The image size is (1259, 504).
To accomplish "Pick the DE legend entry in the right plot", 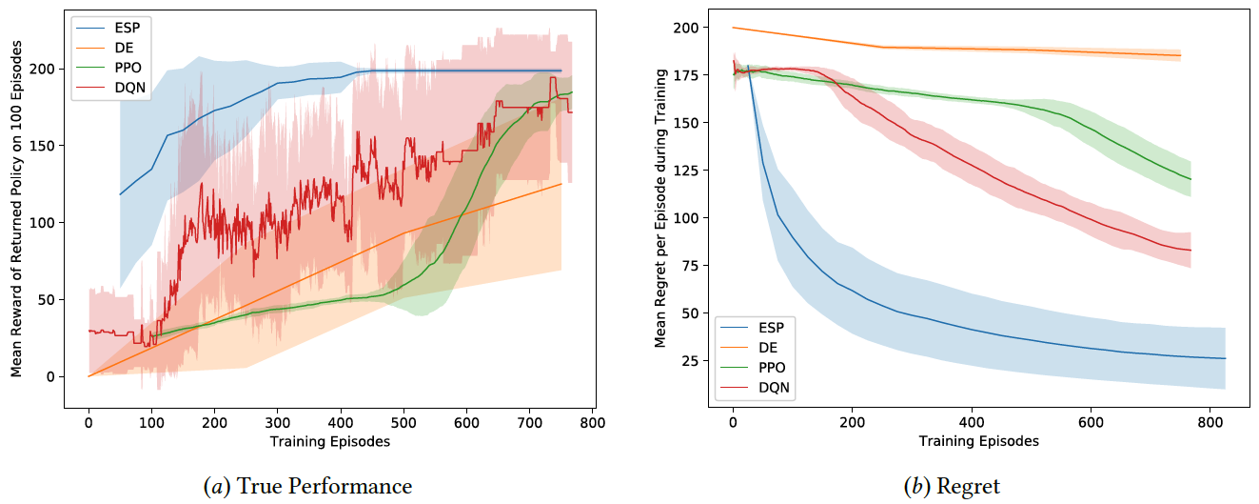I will [768, 347].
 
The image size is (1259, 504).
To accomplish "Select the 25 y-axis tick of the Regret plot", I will [691, 360].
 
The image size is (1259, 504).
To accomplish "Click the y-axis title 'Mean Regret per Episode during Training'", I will [660, 207].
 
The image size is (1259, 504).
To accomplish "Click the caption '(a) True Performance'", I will [308, 487].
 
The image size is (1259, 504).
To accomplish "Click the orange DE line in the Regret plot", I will [952, 49].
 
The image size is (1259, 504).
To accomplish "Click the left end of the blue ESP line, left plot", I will [120, 194].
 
